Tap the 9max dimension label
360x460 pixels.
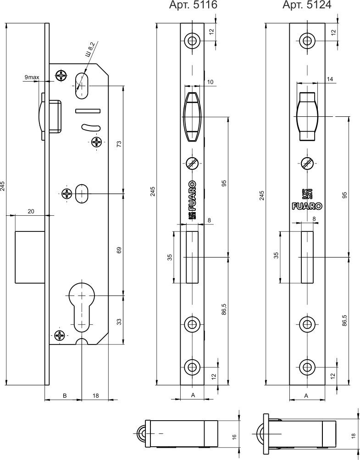[x=32, y=77]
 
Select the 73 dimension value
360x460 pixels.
[x=119, y=143]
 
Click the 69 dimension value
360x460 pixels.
[x=119, y=251]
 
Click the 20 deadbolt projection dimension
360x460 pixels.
[x=31, y=211]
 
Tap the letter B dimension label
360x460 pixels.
[x=65, y=395]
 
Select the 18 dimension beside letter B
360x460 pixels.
[x=95, y=395]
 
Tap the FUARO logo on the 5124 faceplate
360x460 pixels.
[x=307, y=205]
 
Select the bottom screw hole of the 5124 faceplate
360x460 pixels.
[x=307, y=367]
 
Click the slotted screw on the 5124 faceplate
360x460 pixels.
[x=307, y=162]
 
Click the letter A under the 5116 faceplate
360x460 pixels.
[x=193, y=395]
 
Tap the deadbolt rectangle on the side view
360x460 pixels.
[x=29, y=257]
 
